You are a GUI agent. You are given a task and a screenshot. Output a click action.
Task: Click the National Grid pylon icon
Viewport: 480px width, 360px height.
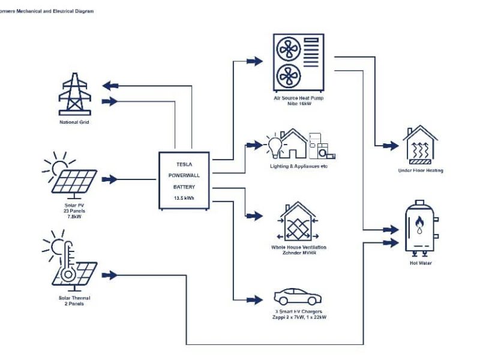pos(74,94)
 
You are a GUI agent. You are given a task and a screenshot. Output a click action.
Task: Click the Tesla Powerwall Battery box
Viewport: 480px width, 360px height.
pos(184,180)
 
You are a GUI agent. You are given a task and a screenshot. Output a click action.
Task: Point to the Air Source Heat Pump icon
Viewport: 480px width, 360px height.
pos(298,62)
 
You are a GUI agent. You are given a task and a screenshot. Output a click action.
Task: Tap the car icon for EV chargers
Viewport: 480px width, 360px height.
pos(298,296)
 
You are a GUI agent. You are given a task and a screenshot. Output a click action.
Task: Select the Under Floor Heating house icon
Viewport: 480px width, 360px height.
pos(420,146)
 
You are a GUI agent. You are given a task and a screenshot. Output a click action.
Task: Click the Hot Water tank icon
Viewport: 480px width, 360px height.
pos(419,229)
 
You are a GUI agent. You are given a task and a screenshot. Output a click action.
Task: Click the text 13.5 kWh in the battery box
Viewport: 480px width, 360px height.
pos(184,197)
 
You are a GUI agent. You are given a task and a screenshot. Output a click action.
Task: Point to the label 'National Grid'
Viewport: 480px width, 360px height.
pos(74,122)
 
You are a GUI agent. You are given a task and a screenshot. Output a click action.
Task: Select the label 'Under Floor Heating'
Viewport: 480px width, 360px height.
pos(420,171)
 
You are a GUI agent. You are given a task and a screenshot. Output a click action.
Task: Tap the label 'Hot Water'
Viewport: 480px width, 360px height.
pos(420,263)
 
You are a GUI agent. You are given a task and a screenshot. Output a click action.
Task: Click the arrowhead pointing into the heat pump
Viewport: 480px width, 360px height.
pos(255,61)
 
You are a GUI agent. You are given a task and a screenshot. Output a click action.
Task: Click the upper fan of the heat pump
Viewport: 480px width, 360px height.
pos(287,48)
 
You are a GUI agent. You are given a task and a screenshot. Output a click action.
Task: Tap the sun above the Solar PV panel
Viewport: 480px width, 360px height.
pos(58,164)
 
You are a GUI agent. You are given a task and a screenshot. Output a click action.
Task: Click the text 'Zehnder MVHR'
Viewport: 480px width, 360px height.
pos(298,253)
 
